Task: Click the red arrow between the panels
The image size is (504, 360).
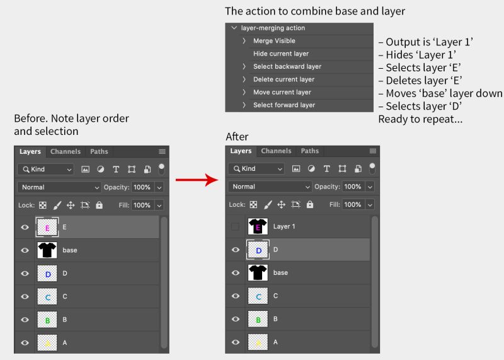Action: [x=197, y=181]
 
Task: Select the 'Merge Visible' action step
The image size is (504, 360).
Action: [x=274, y=41]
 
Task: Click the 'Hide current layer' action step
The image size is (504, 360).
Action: [x=281, y=54]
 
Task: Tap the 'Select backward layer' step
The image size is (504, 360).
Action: [x=287, y=66]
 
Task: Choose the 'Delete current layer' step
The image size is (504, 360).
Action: [x=283, y=79]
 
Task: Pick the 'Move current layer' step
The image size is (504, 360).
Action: [x=282, y=92]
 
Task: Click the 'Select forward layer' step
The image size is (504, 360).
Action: [x=284, y=105]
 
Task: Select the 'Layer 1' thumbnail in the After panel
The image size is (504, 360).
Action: [x=258, y=226]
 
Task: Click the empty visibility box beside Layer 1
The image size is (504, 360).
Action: [x=236, y=226]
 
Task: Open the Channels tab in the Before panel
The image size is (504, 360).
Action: [x=66, y=151]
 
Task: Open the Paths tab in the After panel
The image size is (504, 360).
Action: [x=309, y=151]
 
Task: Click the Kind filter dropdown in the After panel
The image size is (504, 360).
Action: [x=256, y=169]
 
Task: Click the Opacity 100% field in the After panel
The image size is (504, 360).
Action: [x=353, y=187]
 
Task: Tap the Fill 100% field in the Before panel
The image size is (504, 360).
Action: [x=142, y=205]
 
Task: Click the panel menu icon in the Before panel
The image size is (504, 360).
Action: [x=162, y=151]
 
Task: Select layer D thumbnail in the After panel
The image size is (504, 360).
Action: [x=258, y=250]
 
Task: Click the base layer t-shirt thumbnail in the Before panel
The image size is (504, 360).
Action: [x=47, y=250]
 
